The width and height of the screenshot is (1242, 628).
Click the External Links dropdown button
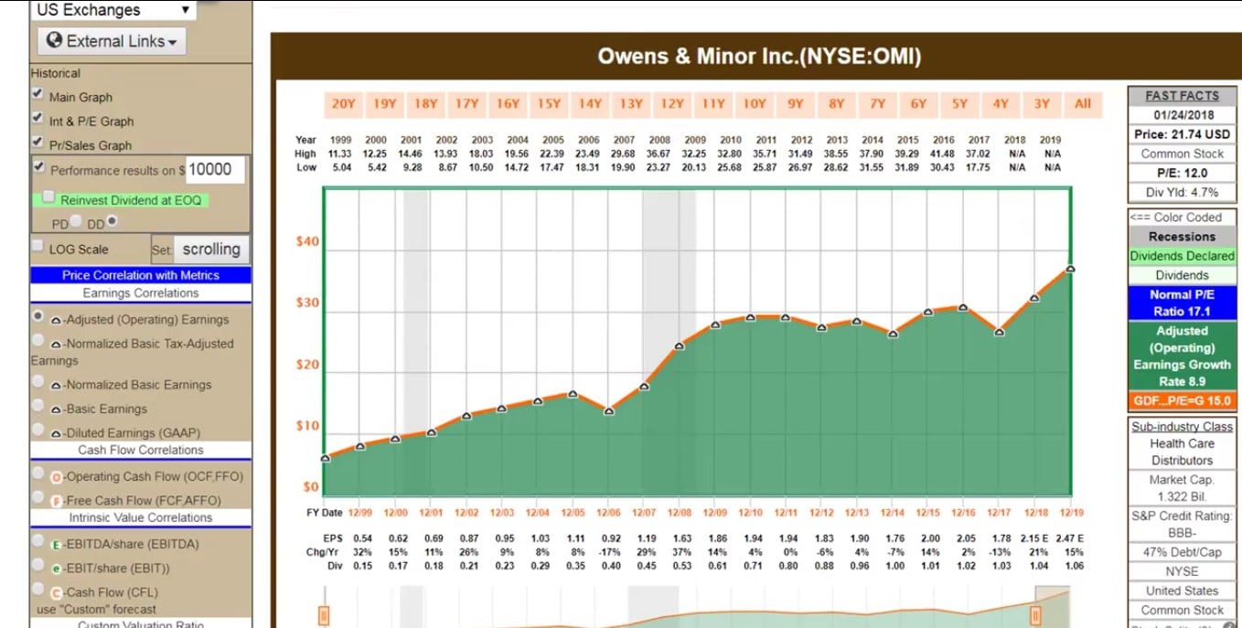[111, 41]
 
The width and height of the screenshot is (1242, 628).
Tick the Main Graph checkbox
[37, 94]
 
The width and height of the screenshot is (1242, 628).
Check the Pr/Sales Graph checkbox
[37, 142]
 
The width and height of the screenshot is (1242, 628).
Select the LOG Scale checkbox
[37, 247]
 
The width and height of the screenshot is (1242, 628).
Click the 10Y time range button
[754, 104]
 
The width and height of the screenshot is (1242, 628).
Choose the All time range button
[1083, 104]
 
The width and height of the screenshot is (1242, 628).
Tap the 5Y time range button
[959, 104]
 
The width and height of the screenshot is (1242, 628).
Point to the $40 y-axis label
[307, 242]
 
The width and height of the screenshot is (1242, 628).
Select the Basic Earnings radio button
[38, 406]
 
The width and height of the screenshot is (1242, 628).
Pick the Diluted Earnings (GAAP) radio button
[38, 430]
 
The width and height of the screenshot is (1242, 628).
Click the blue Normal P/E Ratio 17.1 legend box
[1182, 303]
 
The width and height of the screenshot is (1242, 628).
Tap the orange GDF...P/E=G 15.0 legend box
[1182, 401]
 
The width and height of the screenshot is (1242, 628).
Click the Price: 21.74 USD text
[1182, 134]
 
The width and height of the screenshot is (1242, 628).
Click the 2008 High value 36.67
[658, 154]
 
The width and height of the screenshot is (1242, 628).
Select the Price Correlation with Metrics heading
[141, 275]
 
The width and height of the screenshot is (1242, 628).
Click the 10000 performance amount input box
[215, 170]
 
